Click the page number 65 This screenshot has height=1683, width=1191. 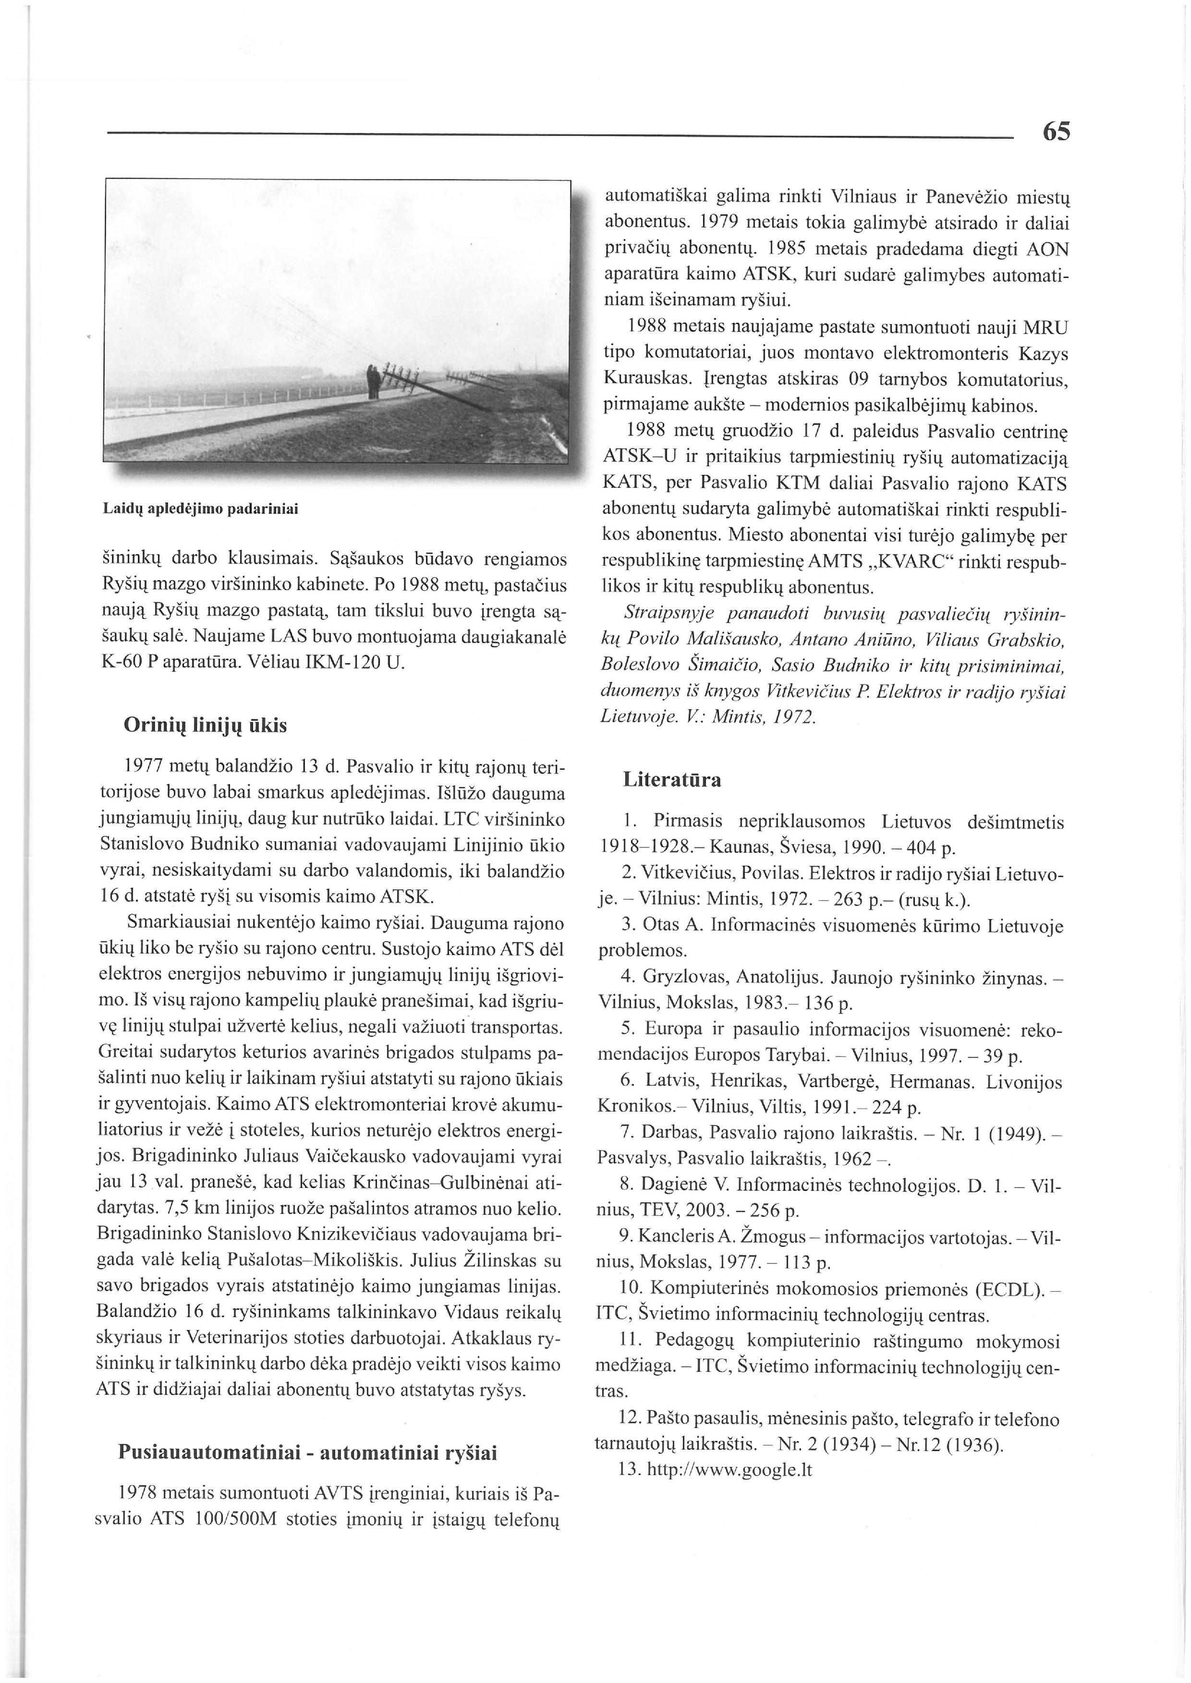1055,132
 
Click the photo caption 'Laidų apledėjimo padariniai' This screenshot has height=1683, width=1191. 201,508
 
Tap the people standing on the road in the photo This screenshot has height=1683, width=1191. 374,381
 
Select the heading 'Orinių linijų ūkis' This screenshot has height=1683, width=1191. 206,725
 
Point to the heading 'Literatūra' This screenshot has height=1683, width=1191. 672,779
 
